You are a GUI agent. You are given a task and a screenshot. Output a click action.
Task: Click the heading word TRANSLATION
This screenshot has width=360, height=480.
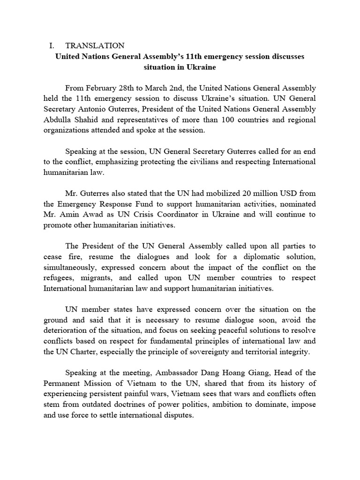point(95,45)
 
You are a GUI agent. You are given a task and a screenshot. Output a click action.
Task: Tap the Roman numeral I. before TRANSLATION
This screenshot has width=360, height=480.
point(52,45)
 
